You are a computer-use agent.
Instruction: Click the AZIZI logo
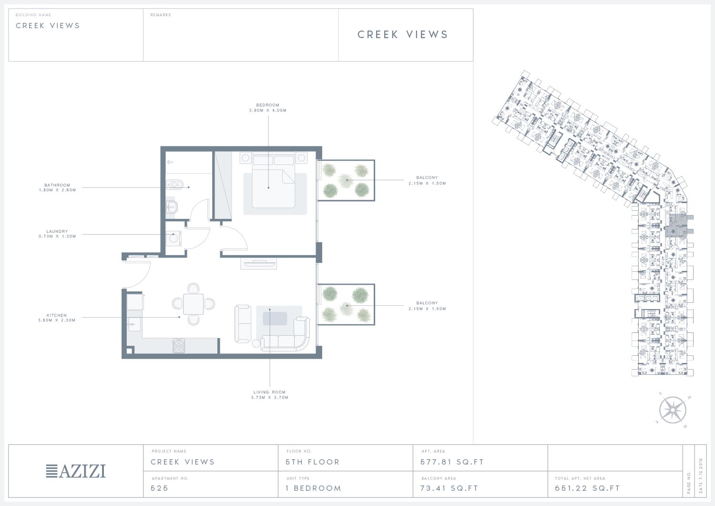[76, 471]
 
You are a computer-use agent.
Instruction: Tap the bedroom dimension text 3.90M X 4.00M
[268, 111]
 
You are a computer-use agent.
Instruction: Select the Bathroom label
[57, 185]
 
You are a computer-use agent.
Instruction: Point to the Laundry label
[57, 231]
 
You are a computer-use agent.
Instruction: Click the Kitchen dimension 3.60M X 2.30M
[57, 320]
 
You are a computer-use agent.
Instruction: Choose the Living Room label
[270, 392]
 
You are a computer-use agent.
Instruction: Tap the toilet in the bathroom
[174, 184]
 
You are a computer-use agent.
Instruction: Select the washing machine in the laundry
[174, 238]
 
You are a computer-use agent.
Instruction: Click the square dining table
[193, 304]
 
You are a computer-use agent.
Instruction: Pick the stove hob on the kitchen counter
[179, 346]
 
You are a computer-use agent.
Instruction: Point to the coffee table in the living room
[275, 319]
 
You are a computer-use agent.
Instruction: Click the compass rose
[673, 410]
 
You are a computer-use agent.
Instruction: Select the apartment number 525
[159, 488]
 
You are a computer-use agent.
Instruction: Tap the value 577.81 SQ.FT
[452, 462]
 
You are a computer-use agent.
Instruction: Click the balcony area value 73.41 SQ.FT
[449, 488]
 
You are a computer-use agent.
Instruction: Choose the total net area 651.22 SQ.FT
[587, 488]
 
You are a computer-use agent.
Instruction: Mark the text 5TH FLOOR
[313, 462]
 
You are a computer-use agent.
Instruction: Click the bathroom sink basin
[172, 207]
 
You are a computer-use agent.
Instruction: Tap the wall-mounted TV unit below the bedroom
[258, 264]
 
